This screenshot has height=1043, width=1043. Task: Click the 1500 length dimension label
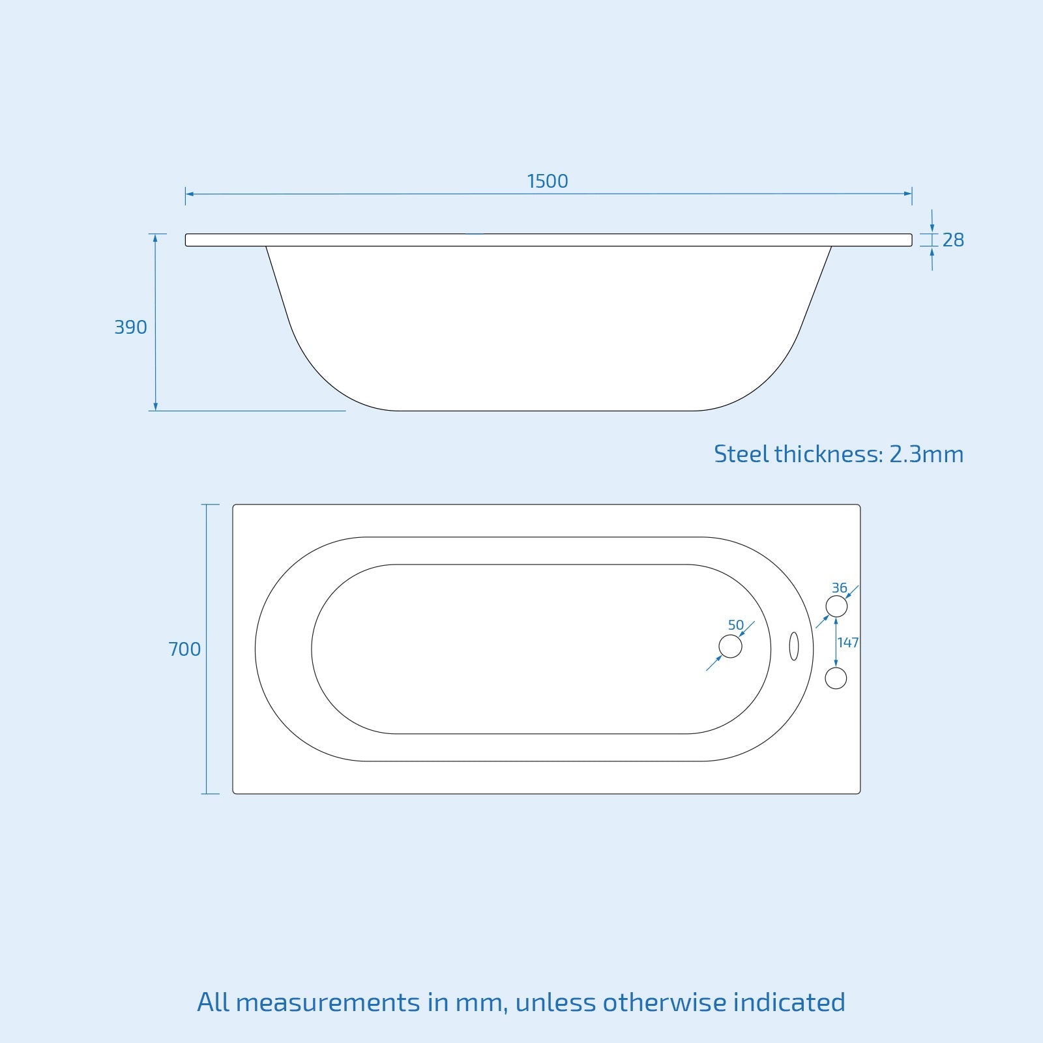coord(547,181)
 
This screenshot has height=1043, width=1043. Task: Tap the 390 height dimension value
coord(130,327)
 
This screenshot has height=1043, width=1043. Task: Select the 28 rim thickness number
coord(953,241)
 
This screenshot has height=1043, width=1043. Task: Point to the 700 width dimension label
coord(184,649)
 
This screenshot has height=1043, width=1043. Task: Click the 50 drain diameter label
coord(736,625)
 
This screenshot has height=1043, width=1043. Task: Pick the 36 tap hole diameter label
coord(839,588)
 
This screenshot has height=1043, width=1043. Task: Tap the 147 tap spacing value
coord(848,643)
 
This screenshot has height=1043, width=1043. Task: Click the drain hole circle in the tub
coord(730,647)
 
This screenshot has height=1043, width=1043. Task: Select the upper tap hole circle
coord(836,606)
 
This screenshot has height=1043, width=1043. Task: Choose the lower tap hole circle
coord(836,678)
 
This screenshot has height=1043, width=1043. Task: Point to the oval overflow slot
coord(793,646)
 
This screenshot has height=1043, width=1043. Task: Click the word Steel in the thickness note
coord(741,454)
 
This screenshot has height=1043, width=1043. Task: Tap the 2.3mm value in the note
coord(926,454)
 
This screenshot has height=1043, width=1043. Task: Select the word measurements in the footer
coord(328,1002)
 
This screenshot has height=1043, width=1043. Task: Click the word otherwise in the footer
coord(664,1002)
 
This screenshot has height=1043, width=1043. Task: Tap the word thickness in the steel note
coord(828,454)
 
